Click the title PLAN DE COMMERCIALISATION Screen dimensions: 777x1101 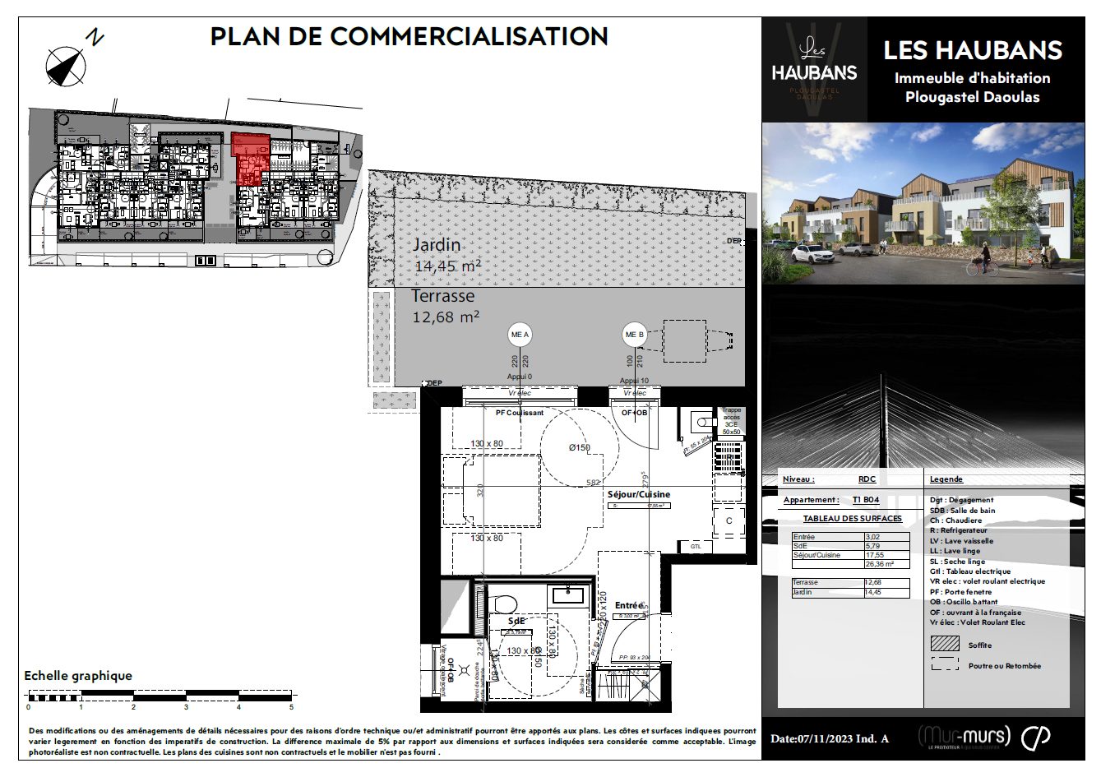pos(409,37)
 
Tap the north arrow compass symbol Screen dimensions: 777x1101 pos(66,67)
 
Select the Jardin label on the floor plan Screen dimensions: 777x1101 pos(436,245)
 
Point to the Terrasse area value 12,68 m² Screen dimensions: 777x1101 pos(446,317)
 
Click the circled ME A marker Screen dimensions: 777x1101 pos(520,335)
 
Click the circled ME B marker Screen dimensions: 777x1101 pos(634,335)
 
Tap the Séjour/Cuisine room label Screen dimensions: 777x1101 pos(638,494)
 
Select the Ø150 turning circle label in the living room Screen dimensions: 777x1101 pos(580,447)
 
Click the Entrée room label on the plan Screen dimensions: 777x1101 pos(628,605)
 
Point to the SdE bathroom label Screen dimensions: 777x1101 pos(516,621)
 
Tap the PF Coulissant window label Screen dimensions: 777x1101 pos(519,413)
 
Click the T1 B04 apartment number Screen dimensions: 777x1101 pos(865,500)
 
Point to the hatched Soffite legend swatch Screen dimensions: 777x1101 pos(945,645)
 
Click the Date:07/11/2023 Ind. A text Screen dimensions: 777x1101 pos(829,738)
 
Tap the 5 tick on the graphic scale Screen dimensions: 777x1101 pos(291,706)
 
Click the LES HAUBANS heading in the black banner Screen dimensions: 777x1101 pos(972,50)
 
